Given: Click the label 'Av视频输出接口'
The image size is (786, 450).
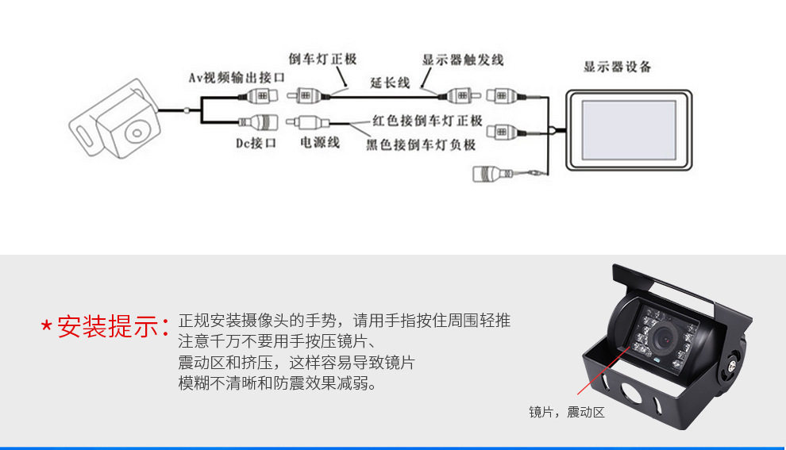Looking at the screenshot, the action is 237,78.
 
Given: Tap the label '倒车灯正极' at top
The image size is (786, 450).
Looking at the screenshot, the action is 322,59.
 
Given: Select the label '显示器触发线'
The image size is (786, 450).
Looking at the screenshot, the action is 463,60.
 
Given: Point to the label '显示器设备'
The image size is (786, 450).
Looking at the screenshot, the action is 618,67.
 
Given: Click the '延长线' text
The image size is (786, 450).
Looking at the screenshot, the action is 390,83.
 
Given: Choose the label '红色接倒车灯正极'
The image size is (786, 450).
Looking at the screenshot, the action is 427,121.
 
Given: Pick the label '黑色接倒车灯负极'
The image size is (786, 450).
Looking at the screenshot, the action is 421,144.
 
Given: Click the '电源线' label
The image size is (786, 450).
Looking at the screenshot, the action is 320,143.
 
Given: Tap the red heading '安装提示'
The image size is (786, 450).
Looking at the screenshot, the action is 108,326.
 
